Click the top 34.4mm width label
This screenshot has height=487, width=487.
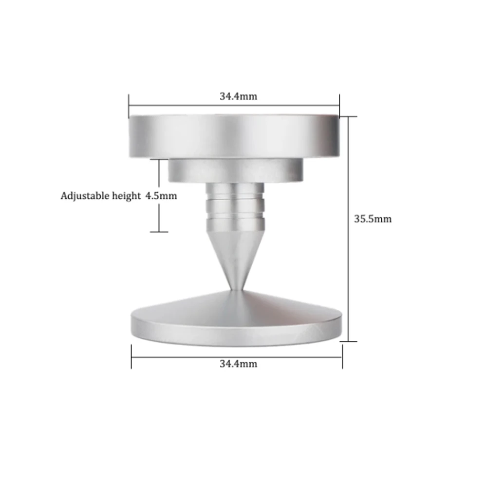pyautogui.click(x=238, y=96)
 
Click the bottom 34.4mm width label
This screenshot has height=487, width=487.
pyautogui.click(x=238, y=364)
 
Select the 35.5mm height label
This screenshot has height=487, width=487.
pyautogui.click(x=373, y=219)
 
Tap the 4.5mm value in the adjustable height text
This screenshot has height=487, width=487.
pyautogui.click(x=161, y=196)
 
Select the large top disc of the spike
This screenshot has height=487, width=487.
pyautogui.click(x=234, y=137)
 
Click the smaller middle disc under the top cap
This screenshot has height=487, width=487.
pyautogui.click(x=236, y=171)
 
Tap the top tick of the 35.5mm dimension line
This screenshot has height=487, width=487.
pyautogui.click(x=349, y=116)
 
